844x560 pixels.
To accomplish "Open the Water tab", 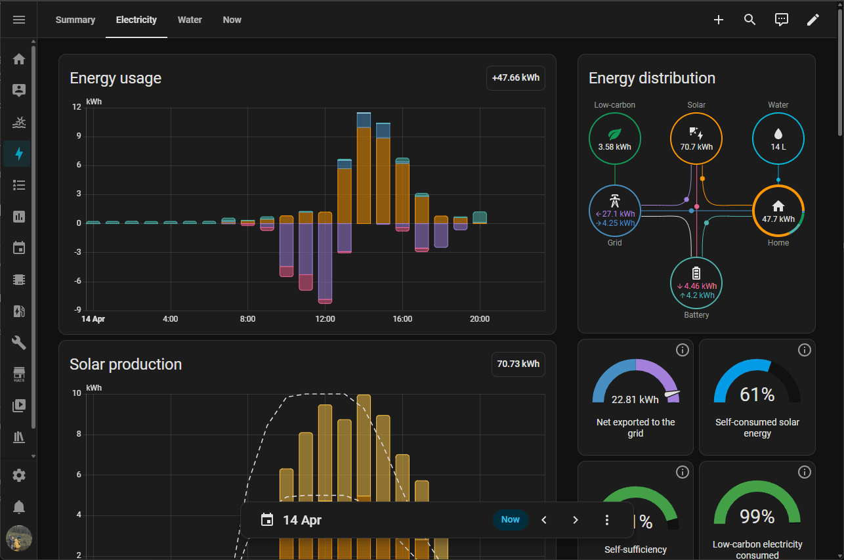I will click(x=190, y=20).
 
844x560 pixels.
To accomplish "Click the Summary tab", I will click(x=75, y=20).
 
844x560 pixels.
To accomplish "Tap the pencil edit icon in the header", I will click(x=812, y=20).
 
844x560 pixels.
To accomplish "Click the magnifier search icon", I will click(x=749, y=20).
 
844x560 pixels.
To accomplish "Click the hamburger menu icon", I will click(x=19, y=20).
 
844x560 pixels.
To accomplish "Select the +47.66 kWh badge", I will click(x=515, y=77).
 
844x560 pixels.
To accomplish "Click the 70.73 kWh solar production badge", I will click(x=518, y=364).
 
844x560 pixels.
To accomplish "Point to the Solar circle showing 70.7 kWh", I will click(x=696, y=139).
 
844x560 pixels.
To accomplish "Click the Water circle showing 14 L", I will click(x=778, y=139).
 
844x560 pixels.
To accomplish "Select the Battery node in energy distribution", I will click(x=696, y=283).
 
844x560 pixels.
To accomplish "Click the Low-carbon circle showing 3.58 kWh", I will click(x=614, y=139).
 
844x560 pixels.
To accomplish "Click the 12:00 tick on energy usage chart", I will click(x=325, y=319).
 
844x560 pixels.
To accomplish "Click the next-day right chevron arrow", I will click(x=575, y=520).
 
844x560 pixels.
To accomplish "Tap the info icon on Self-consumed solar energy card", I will click(x=804, y=350).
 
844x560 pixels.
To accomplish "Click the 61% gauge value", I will click(x=757, y=395).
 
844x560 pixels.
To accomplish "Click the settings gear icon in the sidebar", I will click(x=19, y=475).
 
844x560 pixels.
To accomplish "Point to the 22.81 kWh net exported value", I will click(x=635, y=399).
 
